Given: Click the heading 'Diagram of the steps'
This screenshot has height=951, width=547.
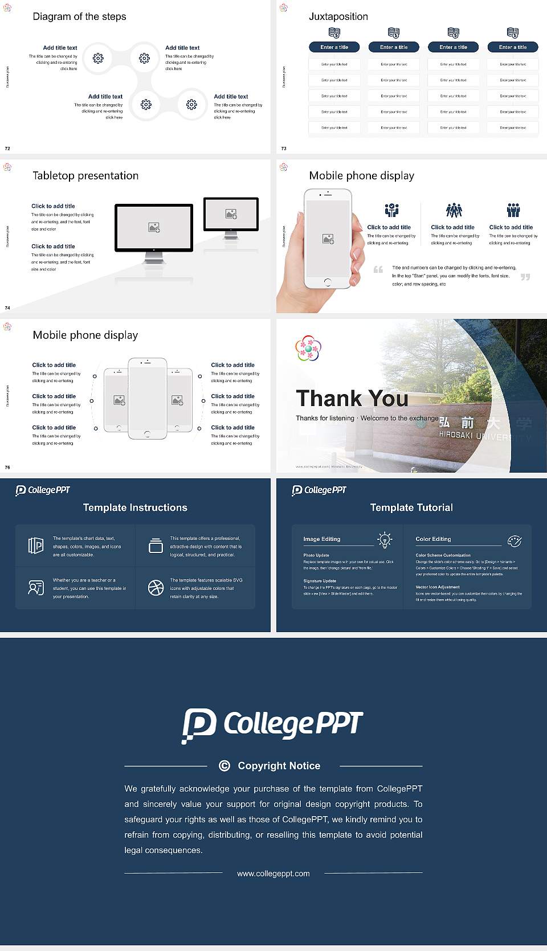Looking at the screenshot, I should (x=79, y=17).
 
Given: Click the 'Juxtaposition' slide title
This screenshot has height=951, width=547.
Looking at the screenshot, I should (x=338, y=17).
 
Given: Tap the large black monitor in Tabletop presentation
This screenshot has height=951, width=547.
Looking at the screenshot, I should (x=154, y=228).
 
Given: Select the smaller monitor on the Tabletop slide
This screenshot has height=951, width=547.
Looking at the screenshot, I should (x=231, y=214).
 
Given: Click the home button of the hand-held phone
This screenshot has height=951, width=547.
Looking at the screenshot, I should (x=327, y=282).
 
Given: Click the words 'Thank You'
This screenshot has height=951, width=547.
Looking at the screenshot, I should (x=352, y=399).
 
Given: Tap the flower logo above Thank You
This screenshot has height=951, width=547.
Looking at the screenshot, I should (x=308, y=348).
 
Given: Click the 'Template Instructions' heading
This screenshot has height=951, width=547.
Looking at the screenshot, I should (x=135, y=507).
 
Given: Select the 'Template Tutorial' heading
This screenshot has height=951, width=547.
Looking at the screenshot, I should (x=411, y=507).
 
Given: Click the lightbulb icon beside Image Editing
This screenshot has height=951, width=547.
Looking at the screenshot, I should (x=385, y=540).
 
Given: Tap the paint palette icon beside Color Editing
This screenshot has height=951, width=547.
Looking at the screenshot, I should (x=514, y=540).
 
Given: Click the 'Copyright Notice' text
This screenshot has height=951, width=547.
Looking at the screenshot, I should (x=279, y=766).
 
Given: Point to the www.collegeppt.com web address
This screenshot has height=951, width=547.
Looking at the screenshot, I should (x=273, y=874).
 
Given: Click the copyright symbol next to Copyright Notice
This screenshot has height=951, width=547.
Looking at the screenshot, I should (x=224, y=766).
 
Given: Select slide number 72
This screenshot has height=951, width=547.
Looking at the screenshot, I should (x=7, y=148).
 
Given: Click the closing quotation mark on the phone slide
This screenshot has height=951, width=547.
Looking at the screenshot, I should (x=525, y=277).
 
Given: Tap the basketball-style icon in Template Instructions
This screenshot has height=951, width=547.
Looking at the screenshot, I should (x=156, y=588).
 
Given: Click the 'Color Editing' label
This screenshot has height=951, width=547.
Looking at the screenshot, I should (x=433, y=539).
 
